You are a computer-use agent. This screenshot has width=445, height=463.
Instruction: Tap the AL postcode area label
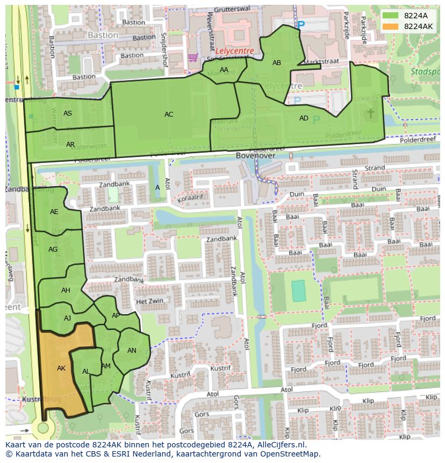[86, 372]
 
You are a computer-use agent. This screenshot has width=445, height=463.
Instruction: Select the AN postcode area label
[132, 351]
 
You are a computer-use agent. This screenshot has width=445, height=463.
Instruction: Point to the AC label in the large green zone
[169, 115]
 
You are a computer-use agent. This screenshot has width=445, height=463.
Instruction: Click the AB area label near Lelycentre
[277, 63]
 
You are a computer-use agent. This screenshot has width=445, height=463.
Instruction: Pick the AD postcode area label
[304, 118]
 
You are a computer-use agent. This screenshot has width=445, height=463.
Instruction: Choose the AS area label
[68, 113]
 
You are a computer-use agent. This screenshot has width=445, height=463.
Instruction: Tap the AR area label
[70, 145]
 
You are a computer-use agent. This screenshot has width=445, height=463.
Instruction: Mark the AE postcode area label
[54, 212]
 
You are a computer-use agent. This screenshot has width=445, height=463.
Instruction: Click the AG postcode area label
[53, 250]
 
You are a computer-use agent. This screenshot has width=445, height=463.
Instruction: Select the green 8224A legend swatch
[391, 15]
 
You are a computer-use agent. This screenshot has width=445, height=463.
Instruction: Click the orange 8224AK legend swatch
[391, 26]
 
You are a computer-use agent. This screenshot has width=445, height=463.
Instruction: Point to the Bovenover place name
[255, 155]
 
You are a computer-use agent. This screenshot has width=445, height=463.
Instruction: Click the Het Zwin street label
[149, 302]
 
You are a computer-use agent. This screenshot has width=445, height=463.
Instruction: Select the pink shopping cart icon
[192, 57]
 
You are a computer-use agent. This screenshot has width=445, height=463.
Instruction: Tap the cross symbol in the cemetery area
[370, 113]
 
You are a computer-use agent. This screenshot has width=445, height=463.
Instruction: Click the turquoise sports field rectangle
[298, 291]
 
